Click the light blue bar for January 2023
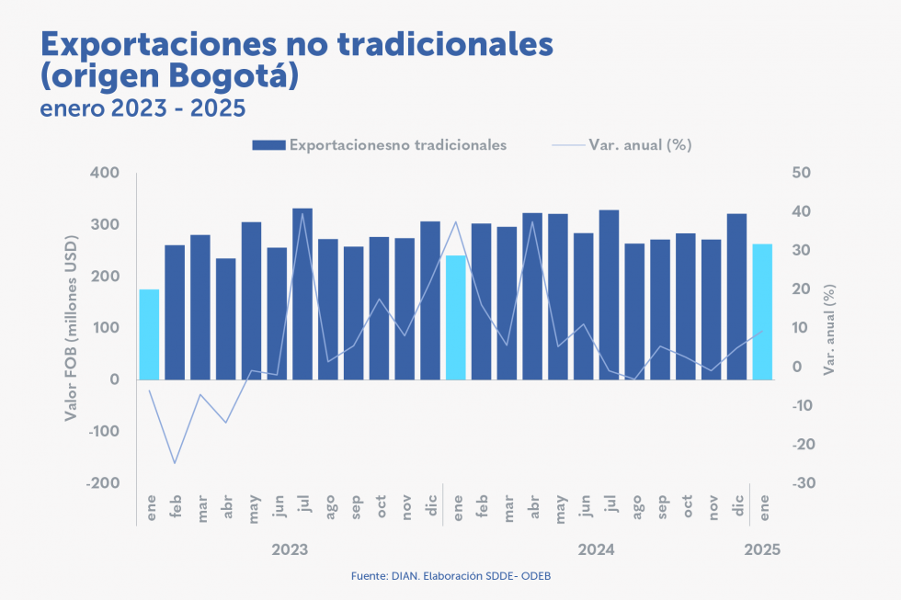coord(149,334)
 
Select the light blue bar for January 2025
coord(762,311)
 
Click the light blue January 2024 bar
coord(455,317)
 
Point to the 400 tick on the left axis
coord(106,174)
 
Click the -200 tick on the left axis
coord(102,483)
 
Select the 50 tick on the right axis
coord(801,174)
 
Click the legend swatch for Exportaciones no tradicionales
coord(268,145)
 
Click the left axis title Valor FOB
coord(71,328)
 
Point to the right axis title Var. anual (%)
coord(830,328)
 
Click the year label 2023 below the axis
coord(290,549)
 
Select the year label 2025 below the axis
coord(762,549)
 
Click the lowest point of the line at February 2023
coord(175,463)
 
